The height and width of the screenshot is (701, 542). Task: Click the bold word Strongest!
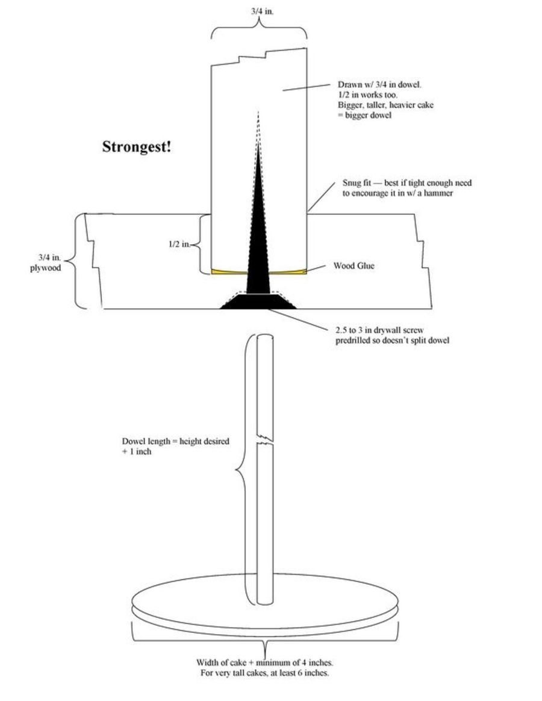[x=136, y=147]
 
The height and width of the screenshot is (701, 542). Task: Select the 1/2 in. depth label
[x=179, y=244]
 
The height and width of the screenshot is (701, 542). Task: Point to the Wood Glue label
[x=354, y=265]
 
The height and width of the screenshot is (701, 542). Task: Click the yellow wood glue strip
[x=229, y=271]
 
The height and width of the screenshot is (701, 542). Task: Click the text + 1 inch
[x=137, y=451]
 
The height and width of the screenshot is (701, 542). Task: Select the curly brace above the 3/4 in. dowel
[x=259, y=29]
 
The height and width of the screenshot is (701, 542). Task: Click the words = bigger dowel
[x=364, y=115]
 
